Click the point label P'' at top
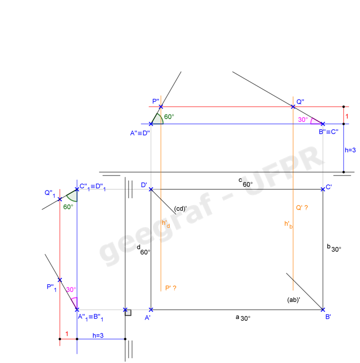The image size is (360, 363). click(156, 101)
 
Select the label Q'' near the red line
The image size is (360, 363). click(300, 101)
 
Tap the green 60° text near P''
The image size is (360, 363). click(169, 117)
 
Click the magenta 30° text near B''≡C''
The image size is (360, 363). click(303, 120)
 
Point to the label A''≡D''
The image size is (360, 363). click(140, 133)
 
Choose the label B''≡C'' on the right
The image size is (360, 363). click(329, 132)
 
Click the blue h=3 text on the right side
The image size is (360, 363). click(350, 150)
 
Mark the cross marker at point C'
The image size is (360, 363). click(322, 189)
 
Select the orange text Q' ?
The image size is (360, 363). click(302, 207)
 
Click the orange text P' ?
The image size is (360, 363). click(171, 288)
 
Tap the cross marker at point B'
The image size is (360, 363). click(323, 310)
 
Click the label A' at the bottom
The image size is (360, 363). click(148, 318)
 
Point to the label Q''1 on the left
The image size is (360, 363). click(50, 193)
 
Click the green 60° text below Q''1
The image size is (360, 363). click(68, 207)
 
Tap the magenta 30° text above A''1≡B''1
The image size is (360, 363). click(71, 290)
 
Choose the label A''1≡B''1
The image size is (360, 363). click(90, 318)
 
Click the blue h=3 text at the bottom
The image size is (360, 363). click(98, 335)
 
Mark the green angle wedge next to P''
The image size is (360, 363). click(157, 119)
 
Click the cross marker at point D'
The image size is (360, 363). click(150, 189)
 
